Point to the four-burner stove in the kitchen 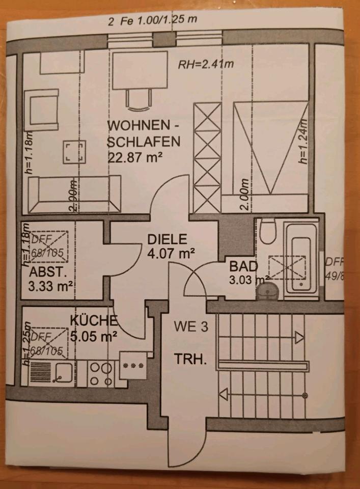101,373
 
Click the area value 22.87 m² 134,157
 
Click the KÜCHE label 94,321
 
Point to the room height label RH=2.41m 206,65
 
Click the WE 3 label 190,327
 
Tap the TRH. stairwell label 190,360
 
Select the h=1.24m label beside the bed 303,141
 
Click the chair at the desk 137,99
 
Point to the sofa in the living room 75,194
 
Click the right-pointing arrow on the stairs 299,337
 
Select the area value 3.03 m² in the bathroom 250,279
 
